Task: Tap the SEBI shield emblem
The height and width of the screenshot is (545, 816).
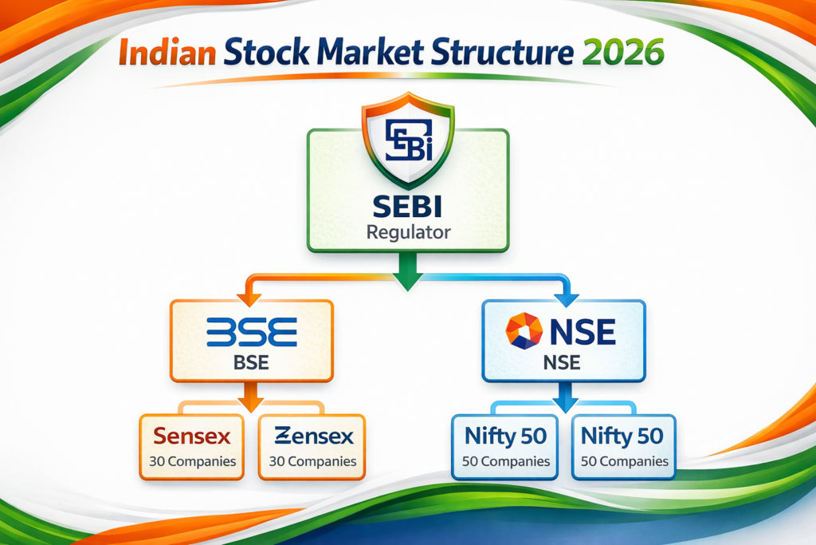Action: point(408,144)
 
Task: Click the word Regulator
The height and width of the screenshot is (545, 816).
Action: point(408,233)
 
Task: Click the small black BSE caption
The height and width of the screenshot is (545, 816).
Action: point(251,365)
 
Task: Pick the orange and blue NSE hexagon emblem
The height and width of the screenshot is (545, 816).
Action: point(525,331)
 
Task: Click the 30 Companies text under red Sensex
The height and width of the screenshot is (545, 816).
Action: point(191,461)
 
